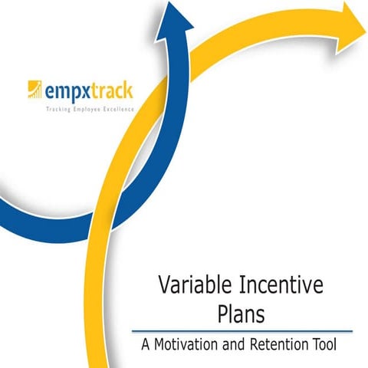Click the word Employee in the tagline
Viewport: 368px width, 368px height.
pos(88,110)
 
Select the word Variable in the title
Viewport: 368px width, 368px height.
pos(194,287)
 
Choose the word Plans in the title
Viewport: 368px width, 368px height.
pos(240,315)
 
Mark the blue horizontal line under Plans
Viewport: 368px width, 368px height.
pos(242,331)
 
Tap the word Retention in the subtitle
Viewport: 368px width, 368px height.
pos(280,346)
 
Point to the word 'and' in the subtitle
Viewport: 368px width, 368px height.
pos(232,346)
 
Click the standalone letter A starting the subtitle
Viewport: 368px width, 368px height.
pos(146,346)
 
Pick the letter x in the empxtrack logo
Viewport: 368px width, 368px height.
pos(90,92)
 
